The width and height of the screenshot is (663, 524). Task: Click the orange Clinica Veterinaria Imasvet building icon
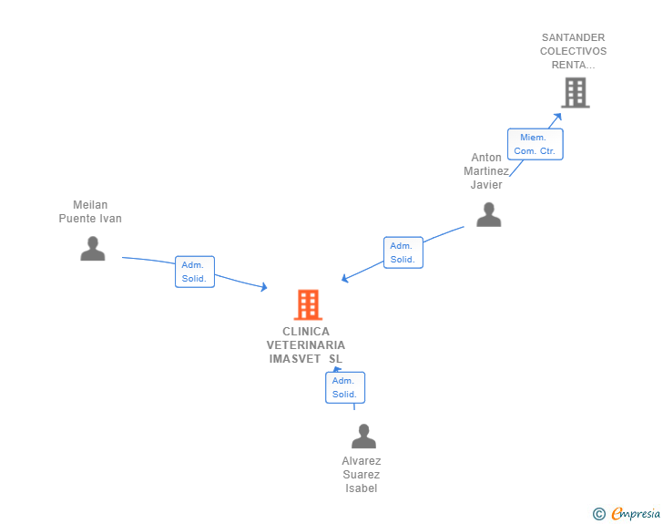308,304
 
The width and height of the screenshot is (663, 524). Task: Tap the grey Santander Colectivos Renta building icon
575,92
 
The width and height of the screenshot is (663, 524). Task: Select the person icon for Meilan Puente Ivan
92,248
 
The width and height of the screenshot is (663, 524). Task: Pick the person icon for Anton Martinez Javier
488,214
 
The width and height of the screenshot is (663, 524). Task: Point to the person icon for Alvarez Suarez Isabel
363,437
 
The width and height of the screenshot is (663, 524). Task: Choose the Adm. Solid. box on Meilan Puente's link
194,272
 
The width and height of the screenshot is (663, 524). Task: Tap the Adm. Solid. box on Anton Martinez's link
403,252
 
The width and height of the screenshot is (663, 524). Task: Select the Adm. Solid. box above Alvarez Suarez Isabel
344,387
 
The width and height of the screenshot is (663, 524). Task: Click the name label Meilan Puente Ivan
90,211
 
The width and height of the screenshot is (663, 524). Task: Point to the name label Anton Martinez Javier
485,171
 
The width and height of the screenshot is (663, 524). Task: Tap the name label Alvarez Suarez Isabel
362,474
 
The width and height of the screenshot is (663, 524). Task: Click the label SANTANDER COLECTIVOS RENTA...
573,51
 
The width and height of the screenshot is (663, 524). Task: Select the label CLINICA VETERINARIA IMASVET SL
306,345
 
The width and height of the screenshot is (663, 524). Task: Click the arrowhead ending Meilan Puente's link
264,288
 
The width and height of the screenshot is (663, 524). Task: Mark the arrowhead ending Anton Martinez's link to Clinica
344,279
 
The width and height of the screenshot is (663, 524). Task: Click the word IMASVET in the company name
295,359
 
